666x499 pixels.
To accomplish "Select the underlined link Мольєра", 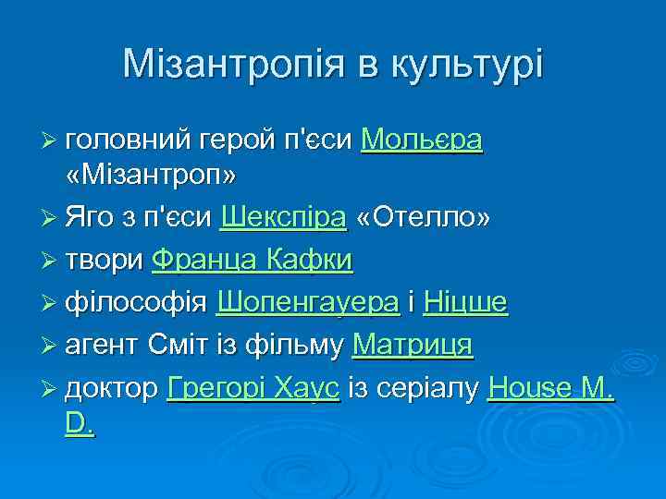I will coord(422,140).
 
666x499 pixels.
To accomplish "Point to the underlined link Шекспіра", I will coord(283,217).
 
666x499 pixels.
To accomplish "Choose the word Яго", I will coord(92,217).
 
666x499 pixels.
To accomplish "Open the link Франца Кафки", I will coord(252,260).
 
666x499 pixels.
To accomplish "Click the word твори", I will coord(105,260).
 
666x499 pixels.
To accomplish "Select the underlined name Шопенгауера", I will coord(307,302).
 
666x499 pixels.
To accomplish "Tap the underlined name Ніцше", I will coord(465,302).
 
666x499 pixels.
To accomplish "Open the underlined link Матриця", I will coord(413,346).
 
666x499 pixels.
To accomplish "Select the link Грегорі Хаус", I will coord(253,389).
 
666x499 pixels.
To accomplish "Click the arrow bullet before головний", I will coord(50,140).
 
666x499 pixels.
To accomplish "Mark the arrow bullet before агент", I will coord(50,347).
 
